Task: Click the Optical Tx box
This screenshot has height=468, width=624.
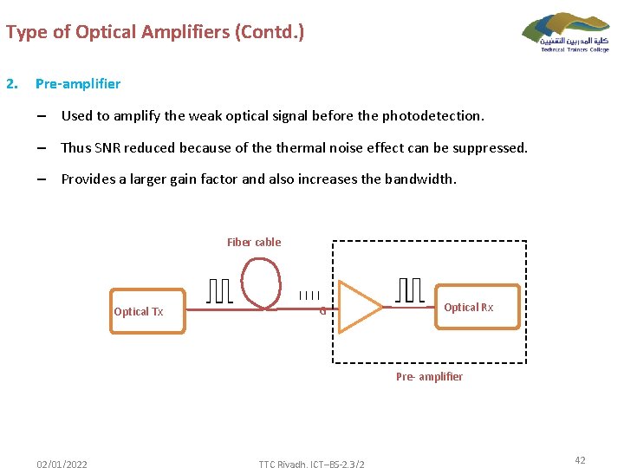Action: coord(147,311)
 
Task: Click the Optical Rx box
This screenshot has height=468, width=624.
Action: coord(478,307)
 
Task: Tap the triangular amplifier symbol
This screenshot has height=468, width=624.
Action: coord(357,307)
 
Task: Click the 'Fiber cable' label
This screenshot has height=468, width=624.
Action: coord(254,243)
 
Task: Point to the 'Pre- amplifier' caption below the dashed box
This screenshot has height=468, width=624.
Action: coord(429,377)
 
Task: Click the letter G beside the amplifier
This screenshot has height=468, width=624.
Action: coord(322,312)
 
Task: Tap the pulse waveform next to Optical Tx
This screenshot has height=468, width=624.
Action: coord(220,291)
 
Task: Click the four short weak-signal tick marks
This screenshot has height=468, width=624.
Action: coord(309,296)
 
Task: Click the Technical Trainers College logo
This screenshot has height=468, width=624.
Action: coord(566,32)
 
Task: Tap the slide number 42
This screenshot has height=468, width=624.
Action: coord(580,460)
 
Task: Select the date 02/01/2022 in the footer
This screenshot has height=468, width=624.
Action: coord(62,465)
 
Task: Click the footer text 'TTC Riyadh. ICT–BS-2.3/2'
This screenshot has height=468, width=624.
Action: coord(311,465)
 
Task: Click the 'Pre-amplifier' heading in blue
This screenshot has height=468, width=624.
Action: coord(78,84)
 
